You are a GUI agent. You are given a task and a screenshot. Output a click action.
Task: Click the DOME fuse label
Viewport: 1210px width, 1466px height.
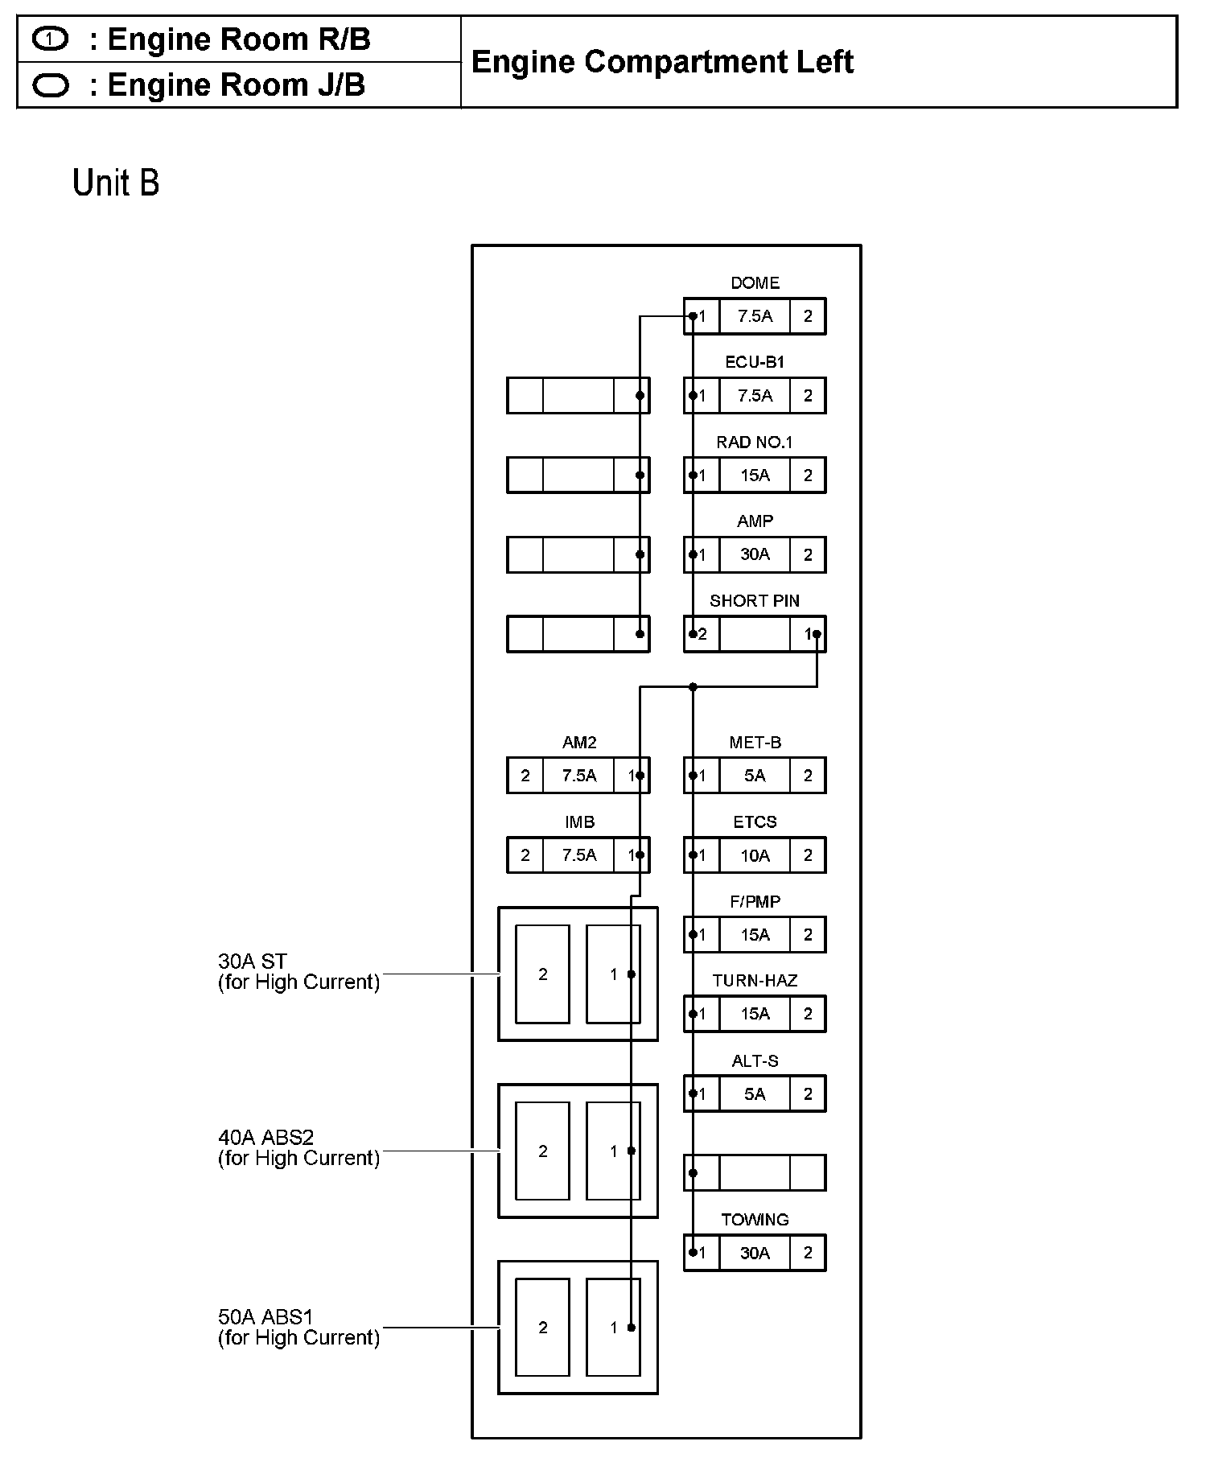(755, 283)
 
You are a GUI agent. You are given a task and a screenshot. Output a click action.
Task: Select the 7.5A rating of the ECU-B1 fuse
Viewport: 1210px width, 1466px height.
(755, 396)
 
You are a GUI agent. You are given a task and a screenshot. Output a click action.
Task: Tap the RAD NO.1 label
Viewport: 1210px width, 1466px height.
(755, 443)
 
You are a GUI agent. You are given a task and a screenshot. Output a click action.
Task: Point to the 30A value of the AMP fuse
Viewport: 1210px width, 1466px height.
(755, 554)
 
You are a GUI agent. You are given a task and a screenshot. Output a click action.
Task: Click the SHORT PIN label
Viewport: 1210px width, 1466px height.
(755, 601)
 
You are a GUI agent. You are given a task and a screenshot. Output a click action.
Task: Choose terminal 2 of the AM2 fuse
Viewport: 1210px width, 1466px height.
(525, 776)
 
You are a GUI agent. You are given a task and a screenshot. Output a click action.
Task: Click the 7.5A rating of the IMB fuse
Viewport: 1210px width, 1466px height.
(579, 855)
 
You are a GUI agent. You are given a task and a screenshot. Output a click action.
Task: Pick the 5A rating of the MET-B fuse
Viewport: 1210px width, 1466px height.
(755, 776)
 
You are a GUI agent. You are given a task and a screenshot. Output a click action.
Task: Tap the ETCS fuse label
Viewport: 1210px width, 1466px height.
(755, 822)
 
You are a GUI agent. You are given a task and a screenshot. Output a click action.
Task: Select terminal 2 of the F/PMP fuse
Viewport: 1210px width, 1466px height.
(808, 935)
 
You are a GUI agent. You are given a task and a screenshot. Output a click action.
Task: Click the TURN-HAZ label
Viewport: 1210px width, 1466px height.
(755, 981)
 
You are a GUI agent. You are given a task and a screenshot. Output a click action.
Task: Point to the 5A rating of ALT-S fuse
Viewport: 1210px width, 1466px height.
(755, 1094)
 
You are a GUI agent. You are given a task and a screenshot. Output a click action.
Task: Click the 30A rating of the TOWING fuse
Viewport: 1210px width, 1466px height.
(755, 1253)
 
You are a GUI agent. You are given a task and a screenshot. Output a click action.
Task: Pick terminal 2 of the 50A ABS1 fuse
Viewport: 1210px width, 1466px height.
(543, 1328)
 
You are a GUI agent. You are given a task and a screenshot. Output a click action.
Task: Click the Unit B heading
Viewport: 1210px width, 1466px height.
(116, 183)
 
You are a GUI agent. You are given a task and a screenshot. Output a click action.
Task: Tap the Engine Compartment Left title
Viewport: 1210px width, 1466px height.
(662, 62)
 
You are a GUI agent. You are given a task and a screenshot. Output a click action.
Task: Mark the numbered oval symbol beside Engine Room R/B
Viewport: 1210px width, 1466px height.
(51, 39)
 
